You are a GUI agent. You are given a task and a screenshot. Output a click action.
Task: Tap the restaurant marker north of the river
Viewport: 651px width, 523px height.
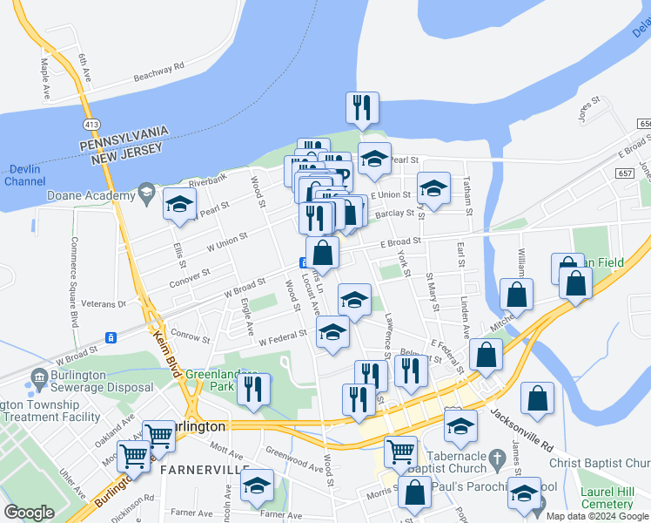tap(362, 109)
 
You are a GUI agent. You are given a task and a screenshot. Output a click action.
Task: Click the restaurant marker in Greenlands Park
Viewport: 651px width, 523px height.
tap(253, 390)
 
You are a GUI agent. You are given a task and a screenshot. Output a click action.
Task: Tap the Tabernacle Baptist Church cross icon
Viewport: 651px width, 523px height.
tap(497, 458)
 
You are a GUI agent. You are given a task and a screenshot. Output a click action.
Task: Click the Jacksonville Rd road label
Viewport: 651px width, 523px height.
tap(521, 425)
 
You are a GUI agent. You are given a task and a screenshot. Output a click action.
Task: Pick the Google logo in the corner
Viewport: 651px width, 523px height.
tap(30, 513)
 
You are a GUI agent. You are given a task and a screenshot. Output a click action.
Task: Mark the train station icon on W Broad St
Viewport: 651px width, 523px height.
tap(111, 337)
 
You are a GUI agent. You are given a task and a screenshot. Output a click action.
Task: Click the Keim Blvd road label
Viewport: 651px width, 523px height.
tap(171, 349)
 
